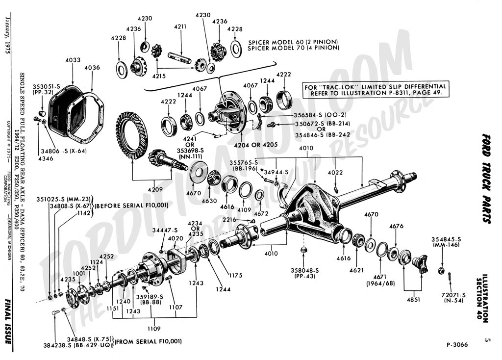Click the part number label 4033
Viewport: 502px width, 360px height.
click(73, 60)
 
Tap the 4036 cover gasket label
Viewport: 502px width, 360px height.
click(92, 67)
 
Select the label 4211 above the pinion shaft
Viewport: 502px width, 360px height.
click(180, 26)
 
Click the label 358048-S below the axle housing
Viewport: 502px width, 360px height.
click(304, 270)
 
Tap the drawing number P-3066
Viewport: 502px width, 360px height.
click(457, 345)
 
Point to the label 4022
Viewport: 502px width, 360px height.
click(335, 172)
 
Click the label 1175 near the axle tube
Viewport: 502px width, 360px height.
click(235, 276)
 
